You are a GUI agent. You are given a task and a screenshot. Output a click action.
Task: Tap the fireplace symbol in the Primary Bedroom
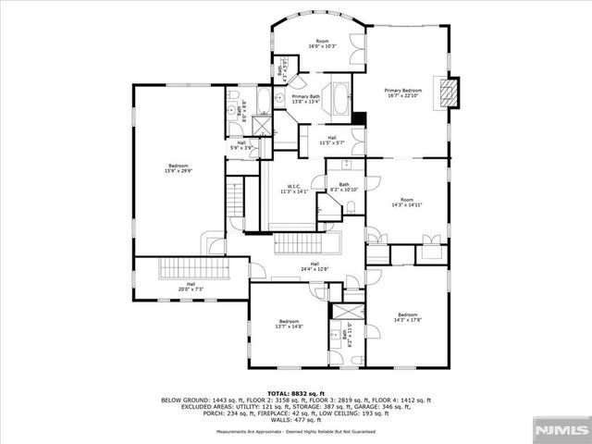(449, 92)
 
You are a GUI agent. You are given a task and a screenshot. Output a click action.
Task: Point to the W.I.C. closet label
(294, 189)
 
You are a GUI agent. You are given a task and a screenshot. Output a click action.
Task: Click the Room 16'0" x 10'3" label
(323, 43)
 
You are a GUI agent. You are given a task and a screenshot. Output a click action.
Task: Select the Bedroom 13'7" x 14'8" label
(290, 324)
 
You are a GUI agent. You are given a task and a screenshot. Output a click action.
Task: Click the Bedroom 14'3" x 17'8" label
(408, 319)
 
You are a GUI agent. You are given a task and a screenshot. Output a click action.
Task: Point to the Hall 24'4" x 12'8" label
(314, 266)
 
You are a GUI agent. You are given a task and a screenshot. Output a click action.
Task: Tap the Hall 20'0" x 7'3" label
(191, 287)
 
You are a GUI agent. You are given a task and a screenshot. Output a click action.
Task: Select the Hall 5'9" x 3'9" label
(241, 144)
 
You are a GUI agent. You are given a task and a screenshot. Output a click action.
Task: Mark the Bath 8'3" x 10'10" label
(343, 187)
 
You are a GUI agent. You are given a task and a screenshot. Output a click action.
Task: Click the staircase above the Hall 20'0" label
(192, 269)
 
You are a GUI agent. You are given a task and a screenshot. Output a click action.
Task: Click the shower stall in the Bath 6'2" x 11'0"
(349, 313)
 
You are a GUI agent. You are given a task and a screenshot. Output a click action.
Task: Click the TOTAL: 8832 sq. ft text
(295, 392)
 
